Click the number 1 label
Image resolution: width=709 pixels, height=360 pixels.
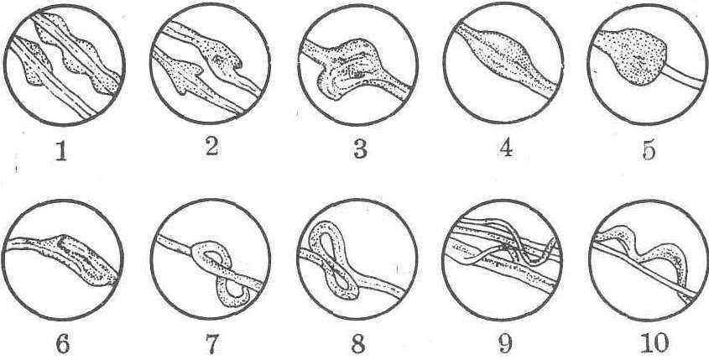(x=61, y=150)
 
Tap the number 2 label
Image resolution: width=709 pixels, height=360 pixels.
(x=211, y=146)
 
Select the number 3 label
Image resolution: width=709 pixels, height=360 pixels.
(x=360, y=149)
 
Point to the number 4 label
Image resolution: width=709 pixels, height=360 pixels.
(x=506, y=146)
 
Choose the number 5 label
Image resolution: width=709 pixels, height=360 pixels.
(x=649, y=149)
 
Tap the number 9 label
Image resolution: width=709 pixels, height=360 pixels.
(x=504, y=344)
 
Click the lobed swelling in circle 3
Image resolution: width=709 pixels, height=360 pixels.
(x=348, y=68)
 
